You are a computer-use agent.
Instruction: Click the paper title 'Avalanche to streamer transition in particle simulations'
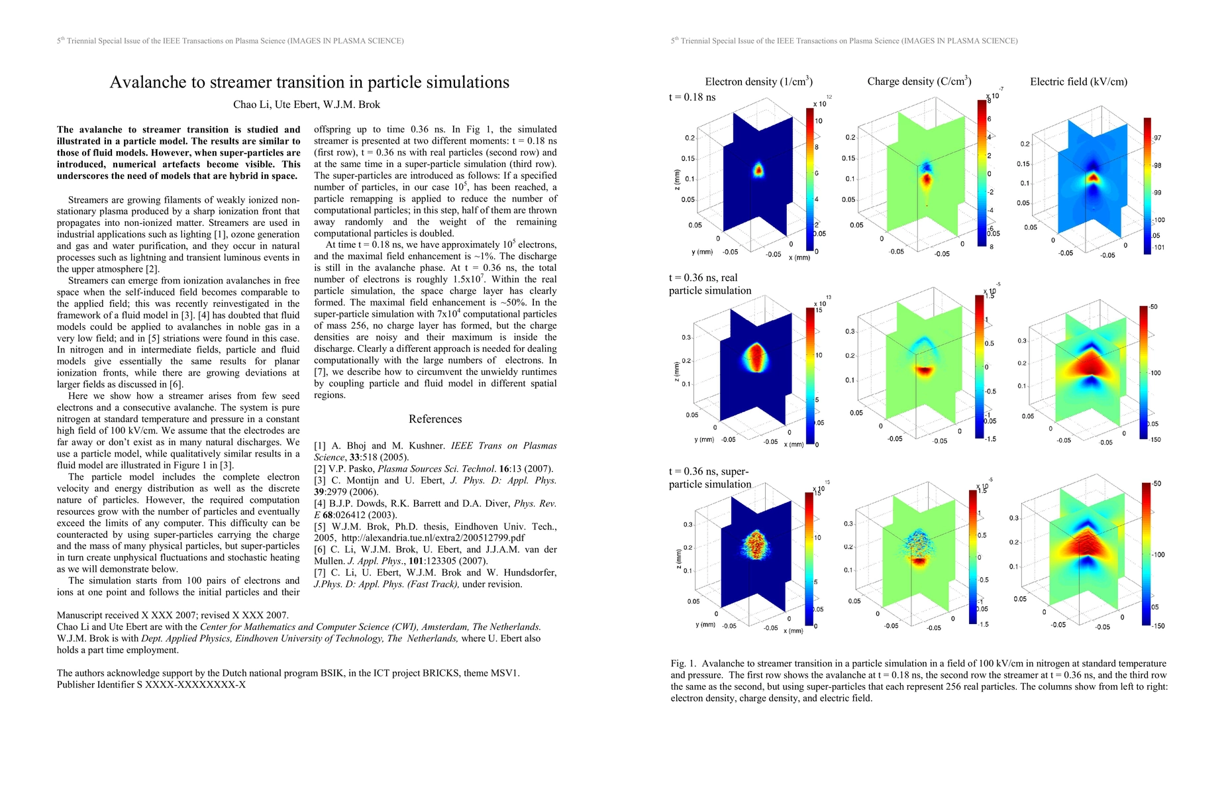309,82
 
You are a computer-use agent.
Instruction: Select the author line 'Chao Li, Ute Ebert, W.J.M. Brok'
307,105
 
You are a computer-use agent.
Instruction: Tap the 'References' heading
435,419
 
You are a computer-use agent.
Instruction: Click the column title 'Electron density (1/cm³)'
758,81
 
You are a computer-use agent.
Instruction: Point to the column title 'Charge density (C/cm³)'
919,81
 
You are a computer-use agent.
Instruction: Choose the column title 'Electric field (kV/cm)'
1078,81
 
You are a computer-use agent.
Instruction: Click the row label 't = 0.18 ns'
692,97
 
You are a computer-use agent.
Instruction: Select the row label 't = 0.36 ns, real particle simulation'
710,284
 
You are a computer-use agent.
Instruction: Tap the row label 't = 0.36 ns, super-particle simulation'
710,478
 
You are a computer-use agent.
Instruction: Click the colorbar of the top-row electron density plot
809,180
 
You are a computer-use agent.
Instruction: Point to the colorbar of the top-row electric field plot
1147,185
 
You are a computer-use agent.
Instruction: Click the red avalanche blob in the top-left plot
759,170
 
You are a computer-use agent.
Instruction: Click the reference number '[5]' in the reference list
321,527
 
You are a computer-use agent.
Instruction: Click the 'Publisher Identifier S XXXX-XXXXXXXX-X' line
151,684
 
